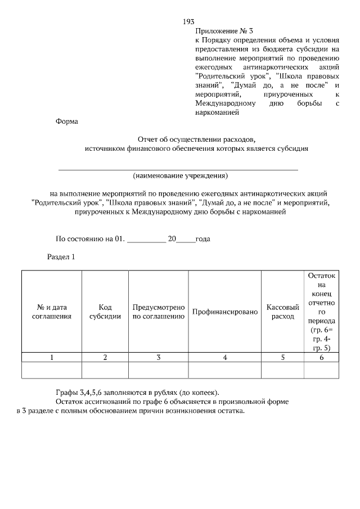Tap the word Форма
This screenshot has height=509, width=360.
(67, 121)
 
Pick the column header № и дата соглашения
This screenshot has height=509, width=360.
(52, 312)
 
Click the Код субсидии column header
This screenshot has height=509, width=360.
(105, 312)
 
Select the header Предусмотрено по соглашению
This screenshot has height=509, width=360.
(159, 312)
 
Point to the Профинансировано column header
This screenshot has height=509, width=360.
(225, 312)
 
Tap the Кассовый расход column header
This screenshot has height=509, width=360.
(282, 312)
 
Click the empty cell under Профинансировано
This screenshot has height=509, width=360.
(225, 370)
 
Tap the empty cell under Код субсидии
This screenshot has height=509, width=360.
(105, 370)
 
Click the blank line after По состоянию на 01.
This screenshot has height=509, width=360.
(146, 238)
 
